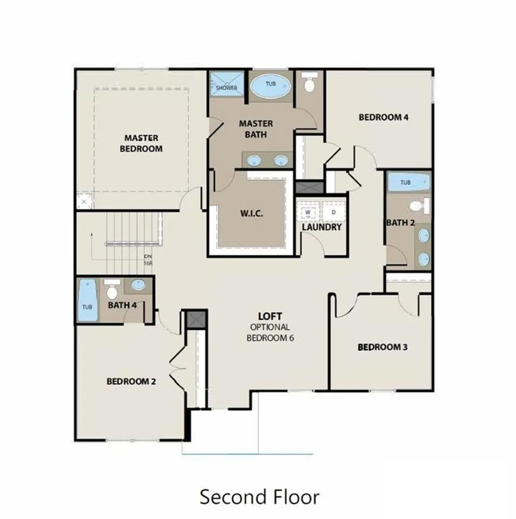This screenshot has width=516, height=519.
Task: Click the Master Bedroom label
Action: coord(141,143)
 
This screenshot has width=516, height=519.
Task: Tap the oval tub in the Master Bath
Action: coord(270,87)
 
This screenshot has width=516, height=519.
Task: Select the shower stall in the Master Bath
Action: coord(227,84)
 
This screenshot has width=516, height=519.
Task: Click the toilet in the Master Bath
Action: coord(309,83)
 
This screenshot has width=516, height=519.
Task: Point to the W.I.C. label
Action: coord(252,213)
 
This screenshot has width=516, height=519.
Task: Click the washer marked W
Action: coord(308,212)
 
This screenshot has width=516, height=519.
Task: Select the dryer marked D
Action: coord(333,212)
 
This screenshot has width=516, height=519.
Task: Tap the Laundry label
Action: coord(322,227)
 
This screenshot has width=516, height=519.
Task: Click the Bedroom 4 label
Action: coord(383,117)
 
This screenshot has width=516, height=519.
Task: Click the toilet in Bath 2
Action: coord(420,206)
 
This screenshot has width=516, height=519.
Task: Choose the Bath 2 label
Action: coord(401,223)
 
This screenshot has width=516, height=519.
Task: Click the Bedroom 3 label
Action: coord(382,347)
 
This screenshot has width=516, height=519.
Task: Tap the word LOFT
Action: coord(270,316)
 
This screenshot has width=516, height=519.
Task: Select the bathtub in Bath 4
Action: coord(87,300)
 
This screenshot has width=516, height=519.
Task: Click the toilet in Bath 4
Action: coord(112,289)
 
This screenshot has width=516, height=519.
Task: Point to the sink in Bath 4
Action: coord(138,284)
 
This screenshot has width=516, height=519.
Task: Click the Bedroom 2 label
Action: coord(131,382)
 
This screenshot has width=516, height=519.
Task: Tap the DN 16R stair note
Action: coord(148,260)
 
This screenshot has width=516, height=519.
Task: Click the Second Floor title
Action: coord(259,497)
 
